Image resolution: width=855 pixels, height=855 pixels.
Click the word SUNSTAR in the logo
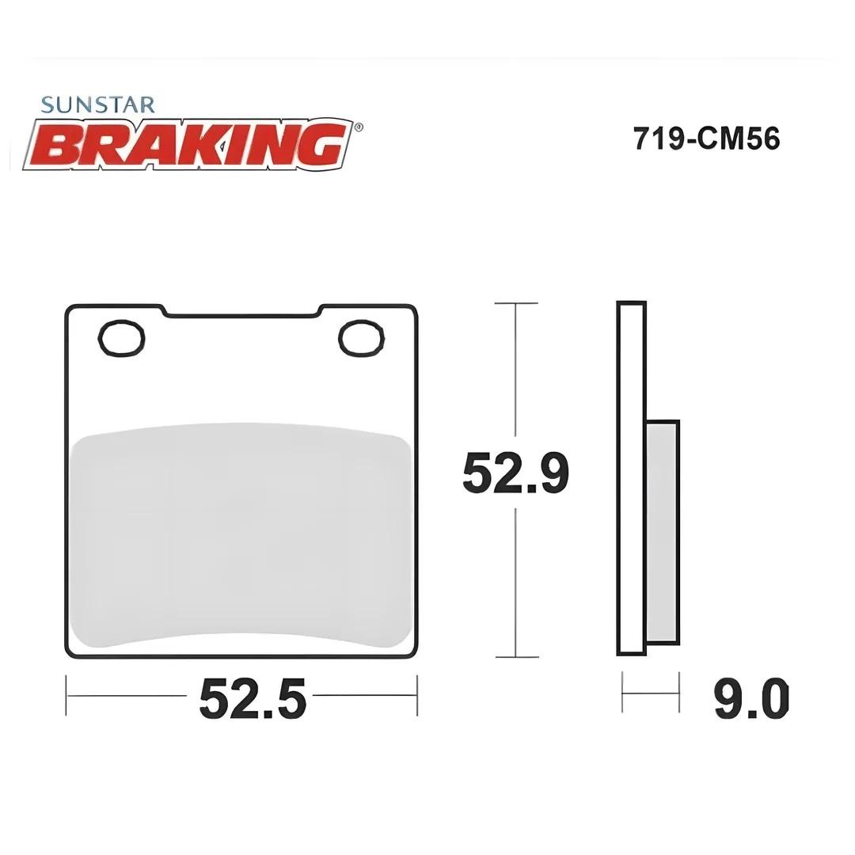[x=97, y=104]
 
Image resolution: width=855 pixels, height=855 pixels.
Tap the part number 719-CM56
[x=706, y=139]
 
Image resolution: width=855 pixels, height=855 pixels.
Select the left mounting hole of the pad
[x=121, y=338]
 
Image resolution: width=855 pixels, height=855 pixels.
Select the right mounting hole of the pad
[x=362, y=338]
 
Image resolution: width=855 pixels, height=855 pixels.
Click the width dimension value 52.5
[x=252, y=697]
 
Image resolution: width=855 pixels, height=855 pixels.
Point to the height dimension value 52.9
[x=515, y=473]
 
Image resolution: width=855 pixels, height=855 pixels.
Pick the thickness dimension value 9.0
[x=751, y=697]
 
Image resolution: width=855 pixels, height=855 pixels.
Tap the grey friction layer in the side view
[x=662, y=532]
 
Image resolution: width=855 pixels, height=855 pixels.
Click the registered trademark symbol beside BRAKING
[x=359, y=126]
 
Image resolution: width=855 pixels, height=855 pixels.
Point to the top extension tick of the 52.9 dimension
[x=516, y=303]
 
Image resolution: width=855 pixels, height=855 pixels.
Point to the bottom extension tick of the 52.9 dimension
[x=516, y=657]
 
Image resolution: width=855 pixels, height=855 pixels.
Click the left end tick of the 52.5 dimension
[x=66, y=696]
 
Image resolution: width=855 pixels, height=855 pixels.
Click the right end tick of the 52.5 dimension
[x=416, y=696]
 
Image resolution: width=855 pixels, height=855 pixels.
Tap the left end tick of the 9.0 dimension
[x=623, y=693]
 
